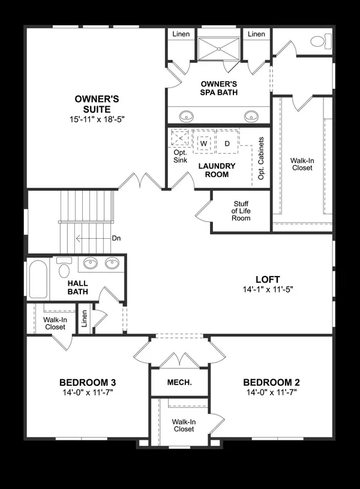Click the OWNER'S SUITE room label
92,103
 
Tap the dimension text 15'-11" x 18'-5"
92,119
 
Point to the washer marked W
203,143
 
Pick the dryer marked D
227,143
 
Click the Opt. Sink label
180,157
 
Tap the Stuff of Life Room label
241,211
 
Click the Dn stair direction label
116,238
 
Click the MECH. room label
179,382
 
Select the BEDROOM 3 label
87,382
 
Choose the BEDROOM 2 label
271,382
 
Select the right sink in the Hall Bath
112,263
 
